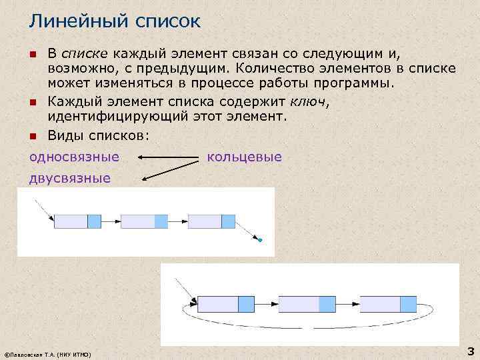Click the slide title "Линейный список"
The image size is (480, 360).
point(114,22)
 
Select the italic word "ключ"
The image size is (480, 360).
point(309,101)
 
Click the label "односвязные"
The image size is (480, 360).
point(74,157)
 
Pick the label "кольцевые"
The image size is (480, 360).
point(245,157)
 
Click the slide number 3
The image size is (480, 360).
point(470,351)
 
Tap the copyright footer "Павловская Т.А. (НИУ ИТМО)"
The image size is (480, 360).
point(48,353)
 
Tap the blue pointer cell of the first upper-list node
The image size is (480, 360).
point(94,221)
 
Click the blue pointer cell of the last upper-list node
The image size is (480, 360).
point(228,221)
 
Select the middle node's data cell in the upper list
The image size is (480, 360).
point(138,221)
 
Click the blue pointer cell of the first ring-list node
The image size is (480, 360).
point(246,304)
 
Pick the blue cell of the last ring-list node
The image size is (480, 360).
point(408,304)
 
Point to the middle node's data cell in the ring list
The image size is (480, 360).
point(299,304)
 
